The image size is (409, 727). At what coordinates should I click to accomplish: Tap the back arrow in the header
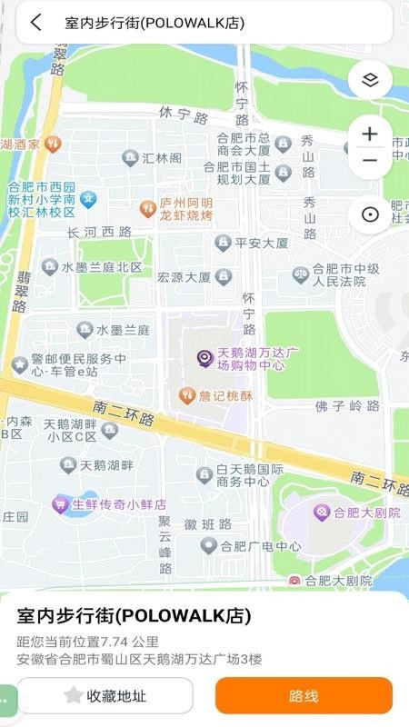pyautogui.click(x=35, y=23)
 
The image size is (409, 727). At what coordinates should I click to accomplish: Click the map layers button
pyautogui.click(x=369, y=79)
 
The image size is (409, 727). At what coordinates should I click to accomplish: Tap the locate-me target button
pyautogui.click(x=369, y=214)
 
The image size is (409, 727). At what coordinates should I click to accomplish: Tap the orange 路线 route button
pyautogui.click(x=304, y=696)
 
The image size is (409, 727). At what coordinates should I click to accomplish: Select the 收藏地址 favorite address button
pyautogui.click(x=105, y=696)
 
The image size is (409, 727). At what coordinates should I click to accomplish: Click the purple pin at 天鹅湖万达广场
pyautogui.click(x=205, y=359)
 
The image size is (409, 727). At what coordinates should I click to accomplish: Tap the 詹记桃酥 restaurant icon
pyautogui.click(x=186, y=395)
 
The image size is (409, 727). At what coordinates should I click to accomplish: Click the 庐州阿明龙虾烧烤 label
pyautogui.click(x=185, y=209)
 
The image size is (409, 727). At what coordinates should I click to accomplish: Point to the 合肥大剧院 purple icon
pyautogui.click(x=321, y=513)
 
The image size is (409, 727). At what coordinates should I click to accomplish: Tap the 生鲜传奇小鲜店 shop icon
pyautogui.click(x=60, y=503)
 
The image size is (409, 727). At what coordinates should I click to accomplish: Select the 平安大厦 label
pyautogui.click(x=261, y=244)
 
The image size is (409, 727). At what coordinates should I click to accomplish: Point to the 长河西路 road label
pyautogui.click(x=100, y=233)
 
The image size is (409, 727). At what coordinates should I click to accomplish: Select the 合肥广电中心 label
pyautogui.click(x=263, y=546)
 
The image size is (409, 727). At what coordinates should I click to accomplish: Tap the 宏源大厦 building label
pyautogui.click(x=184, y=277)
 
